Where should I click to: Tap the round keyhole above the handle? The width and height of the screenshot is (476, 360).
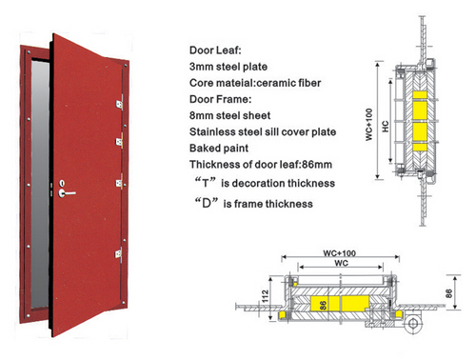tap(62, 183)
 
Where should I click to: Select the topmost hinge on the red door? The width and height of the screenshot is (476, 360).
tap(120, 104)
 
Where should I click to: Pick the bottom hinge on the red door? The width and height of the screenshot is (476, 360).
tap(119, 254)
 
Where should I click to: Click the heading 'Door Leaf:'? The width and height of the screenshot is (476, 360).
tap(215, 50)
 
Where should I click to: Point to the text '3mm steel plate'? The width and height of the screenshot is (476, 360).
tap(228, 67)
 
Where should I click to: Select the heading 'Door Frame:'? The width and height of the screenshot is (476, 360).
tap(220, 99)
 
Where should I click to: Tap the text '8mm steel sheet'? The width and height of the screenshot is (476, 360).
tap(229, 115)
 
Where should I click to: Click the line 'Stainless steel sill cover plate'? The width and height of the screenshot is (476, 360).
tap(263, 131)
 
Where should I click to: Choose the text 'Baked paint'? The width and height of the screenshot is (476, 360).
tap(219, 148)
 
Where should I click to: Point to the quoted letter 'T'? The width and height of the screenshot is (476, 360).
tap(206, 183)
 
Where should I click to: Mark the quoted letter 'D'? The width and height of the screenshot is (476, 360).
tap(207, 203)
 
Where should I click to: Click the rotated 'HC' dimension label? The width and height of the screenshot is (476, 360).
tap(386, 126)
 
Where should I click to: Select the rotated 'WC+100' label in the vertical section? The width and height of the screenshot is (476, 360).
tap(368, 125)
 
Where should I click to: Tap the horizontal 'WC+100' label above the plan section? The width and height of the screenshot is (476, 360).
tap(339, 253)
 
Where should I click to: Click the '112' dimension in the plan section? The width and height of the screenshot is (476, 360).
tap(265, 295)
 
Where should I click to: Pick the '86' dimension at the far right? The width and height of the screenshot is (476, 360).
tap(448, 293)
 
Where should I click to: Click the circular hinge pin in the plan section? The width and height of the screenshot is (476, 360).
tap(413, 324)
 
